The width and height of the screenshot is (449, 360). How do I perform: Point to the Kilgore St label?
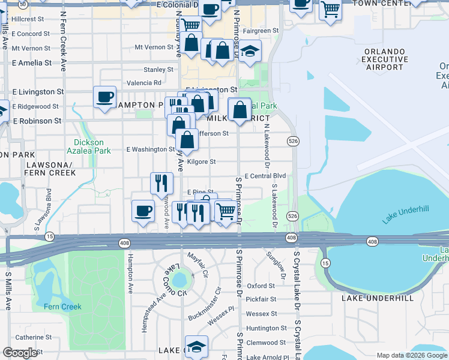pyautogui.click(x=201, y=162)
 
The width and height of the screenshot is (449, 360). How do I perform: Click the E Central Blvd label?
pyautogui.click(x=265, y=176)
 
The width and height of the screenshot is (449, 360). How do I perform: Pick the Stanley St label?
pyautogui.click(x=158, y=70)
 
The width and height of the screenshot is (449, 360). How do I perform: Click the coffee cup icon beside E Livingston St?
pyautogui.click(x=105, y=97)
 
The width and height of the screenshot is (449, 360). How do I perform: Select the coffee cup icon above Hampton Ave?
pyautogui.click(x=143, y=211)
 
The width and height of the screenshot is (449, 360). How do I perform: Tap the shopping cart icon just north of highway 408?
pyautogui.click(x=225, y=211)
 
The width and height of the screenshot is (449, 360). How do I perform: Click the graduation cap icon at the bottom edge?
pyautogui.click(x=196, y=346)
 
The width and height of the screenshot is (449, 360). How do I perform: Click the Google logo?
pyautogui.click(x=20, y=353)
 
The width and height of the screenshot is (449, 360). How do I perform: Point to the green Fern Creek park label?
pyautogui.click(x=62, y=307)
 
